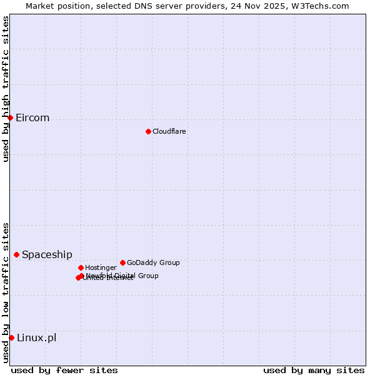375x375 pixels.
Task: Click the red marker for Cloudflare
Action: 148,131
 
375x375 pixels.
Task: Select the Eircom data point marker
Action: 10,117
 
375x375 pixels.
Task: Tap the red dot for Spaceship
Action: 16,254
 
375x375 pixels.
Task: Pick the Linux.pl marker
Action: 11,337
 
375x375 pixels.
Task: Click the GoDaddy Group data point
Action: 122,262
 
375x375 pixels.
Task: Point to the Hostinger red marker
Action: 81,267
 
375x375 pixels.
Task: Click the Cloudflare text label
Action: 169,131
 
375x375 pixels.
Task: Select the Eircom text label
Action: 32,118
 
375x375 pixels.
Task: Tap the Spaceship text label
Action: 47,254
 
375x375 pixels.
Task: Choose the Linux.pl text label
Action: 36,338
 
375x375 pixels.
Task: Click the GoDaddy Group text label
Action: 153,262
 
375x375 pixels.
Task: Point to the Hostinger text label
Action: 101,267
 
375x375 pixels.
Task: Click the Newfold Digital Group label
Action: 122,275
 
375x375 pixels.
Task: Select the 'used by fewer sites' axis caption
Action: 64,370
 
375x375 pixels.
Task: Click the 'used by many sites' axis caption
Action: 314,370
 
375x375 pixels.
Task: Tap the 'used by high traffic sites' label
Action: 6,89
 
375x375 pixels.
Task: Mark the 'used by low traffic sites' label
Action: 6,292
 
